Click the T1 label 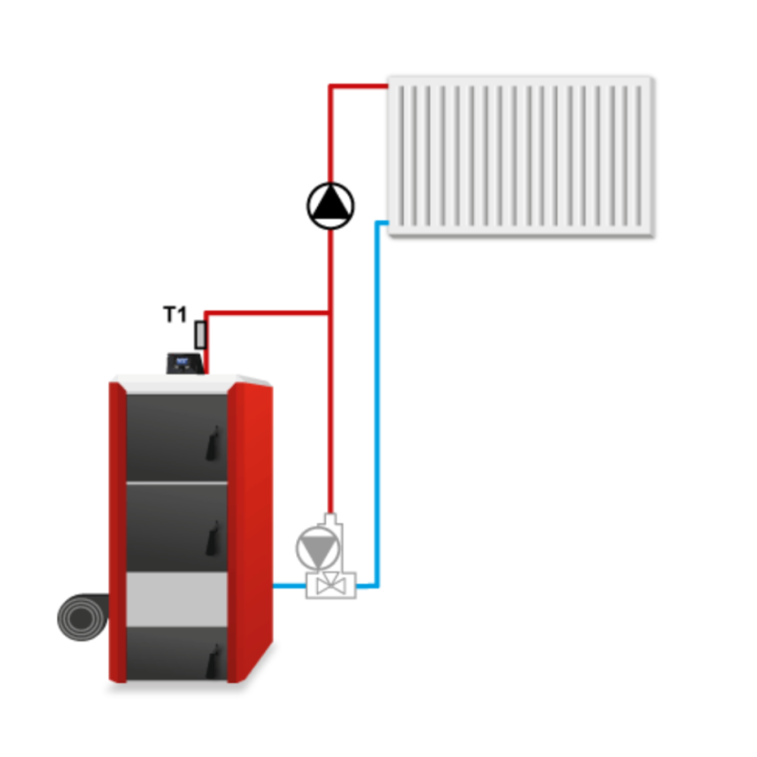[175, 315]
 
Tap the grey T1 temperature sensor [201, 334]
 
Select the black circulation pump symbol [330, 202]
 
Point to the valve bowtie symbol [329, 587]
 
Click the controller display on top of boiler [185, 362]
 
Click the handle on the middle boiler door [216, 537]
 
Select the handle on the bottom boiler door [216, 659]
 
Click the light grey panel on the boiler [177, 599]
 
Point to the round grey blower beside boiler [83, 619]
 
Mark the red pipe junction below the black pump [330, 312]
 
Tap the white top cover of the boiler [189, 380]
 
